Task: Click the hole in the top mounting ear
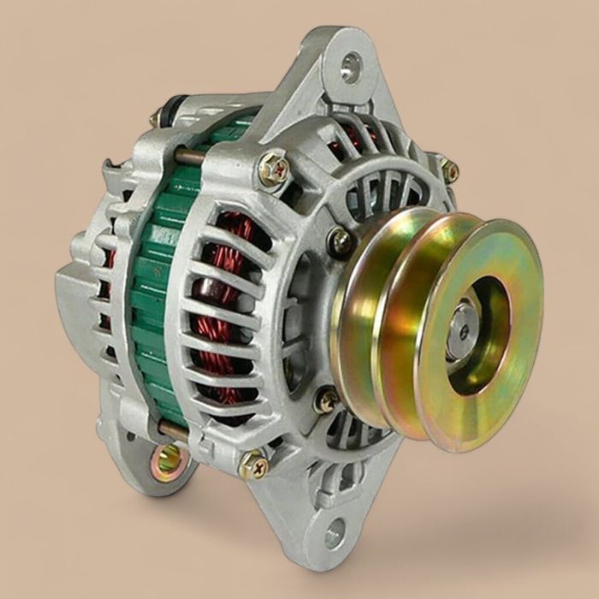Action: [351, 67]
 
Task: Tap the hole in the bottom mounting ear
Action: [334, 532]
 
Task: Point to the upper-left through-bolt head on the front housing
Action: [273, 169]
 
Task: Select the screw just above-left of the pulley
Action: [340, 241]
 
